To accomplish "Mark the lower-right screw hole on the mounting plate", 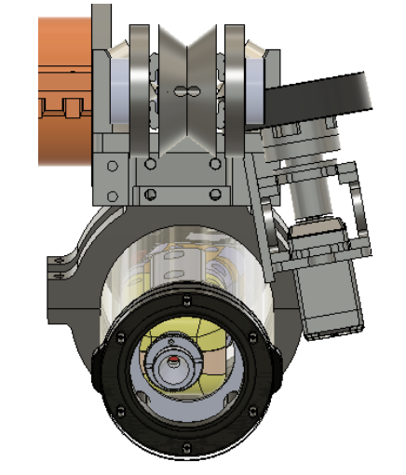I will coord(215,194).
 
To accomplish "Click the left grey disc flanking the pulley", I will coord(140,84).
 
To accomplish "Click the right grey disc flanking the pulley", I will coord(232,84).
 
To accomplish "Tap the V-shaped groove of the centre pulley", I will coord(185,56).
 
